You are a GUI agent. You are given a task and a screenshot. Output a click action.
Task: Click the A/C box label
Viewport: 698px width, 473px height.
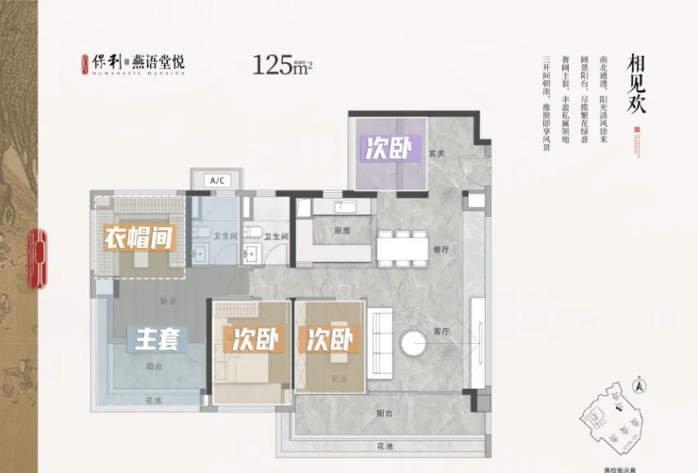215,179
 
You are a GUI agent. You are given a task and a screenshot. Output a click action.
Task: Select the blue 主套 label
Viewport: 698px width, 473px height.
157,337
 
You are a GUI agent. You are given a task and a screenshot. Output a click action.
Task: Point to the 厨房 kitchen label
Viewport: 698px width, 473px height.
341,229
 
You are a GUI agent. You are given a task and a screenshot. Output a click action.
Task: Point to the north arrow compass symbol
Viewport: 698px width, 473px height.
639,384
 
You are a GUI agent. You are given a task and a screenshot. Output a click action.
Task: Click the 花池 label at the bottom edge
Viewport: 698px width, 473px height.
381,445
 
